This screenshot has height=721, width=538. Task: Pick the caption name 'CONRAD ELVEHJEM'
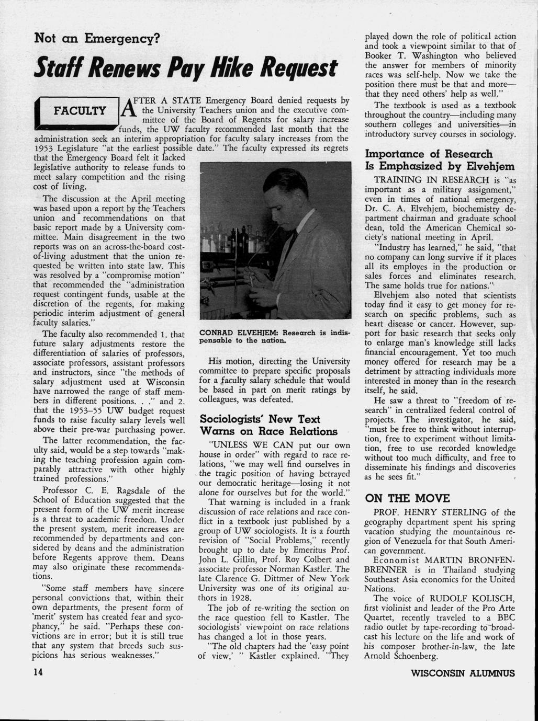click(x=239, y=333)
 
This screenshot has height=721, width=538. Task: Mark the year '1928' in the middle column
click(x=238, y=598)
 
